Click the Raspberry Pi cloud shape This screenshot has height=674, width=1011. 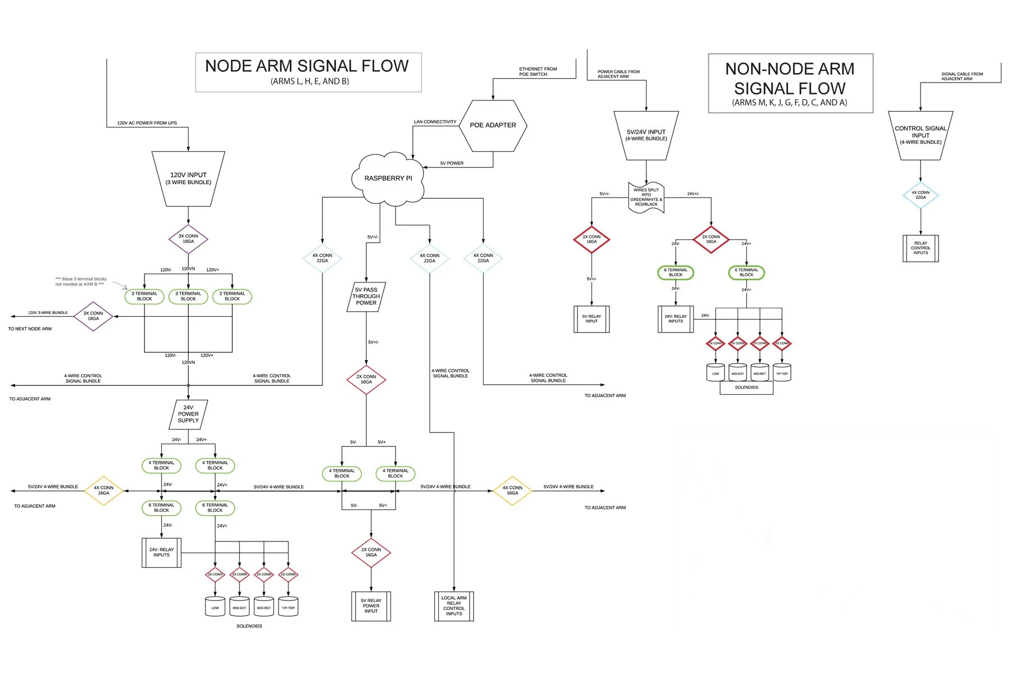(x=388, y=178)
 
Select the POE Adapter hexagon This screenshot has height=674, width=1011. (x=493, y=125)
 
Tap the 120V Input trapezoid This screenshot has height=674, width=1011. (x=188, y=179)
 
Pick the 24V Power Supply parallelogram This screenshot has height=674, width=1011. (x=188, y=414)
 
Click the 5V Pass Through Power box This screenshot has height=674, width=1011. (x=366, y=297)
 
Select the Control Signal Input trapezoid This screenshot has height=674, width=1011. (x=920, y=135)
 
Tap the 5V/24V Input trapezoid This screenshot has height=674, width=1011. (x=646, y=135)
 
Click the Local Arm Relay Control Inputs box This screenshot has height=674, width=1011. (x=454, y=606)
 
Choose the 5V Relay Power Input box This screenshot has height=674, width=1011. (x=371, y=606)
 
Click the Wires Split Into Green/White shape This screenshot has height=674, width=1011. (x=646, y=197)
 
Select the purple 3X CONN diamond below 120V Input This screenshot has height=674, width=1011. (x=188, y=239)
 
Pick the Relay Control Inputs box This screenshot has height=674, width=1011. (x=920, y=248)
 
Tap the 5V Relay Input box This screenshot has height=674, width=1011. (x=591, y=319)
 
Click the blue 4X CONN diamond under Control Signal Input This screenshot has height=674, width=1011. (x=920, y=195)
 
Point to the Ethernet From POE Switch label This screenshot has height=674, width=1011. (x=538, y=72)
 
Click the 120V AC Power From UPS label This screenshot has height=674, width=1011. (x=147, y=123)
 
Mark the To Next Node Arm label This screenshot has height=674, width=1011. (x=30, y=329)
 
